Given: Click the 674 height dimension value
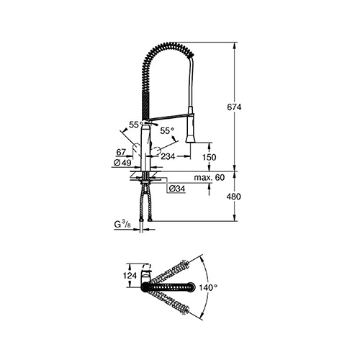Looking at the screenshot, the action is tap(234, 107).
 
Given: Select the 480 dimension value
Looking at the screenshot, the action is tap(233, 197).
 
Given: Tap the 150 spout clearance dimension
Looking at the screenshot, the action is tap(209, 157).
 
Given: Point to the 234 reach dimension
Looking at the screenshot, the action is tap(168, 156).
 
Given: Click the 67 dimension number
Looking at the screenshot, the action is tap(121, 152).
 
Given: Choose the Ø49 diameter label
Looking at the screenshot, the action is tap(122, 163).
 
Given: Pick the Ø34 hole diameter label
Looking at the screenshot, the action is tap(177, 189).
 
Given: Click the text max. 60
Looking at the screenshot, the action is tap(210, 178).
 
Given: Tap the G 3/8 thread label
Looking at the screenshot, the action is tap(122, 225).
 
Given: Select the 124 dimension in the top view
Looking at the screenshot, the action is tap(130, 276).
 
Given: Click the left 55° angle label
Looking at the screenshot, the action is tap(136, 125).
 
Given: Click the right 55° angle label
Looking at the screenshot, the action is tap(167, 131).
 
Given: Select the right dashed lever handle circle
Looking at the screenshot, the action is tap(156, 150).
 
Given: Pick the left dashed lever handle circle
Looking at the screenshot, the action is tap(137, 148).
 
